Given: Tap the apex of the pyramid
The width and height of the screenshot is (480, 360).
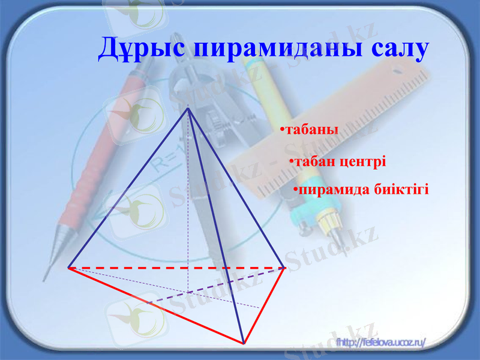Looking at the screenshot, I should point(188,107).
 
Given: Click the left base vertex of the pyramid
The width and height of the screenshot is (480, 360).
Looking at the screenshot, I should point(68,268).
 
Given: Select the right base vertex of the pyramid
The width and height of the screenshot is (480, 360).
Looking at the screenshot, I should point(284,268).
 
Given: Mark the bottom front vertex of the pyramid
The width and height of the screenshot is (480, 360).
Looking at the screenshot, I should point(244,343).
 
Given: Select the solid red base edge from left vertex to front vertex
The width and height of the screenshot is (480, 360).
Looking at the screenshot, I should point(156,305).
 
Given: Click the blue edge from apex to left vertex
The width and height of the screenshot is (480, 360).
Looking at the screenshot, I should point(128,188).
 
